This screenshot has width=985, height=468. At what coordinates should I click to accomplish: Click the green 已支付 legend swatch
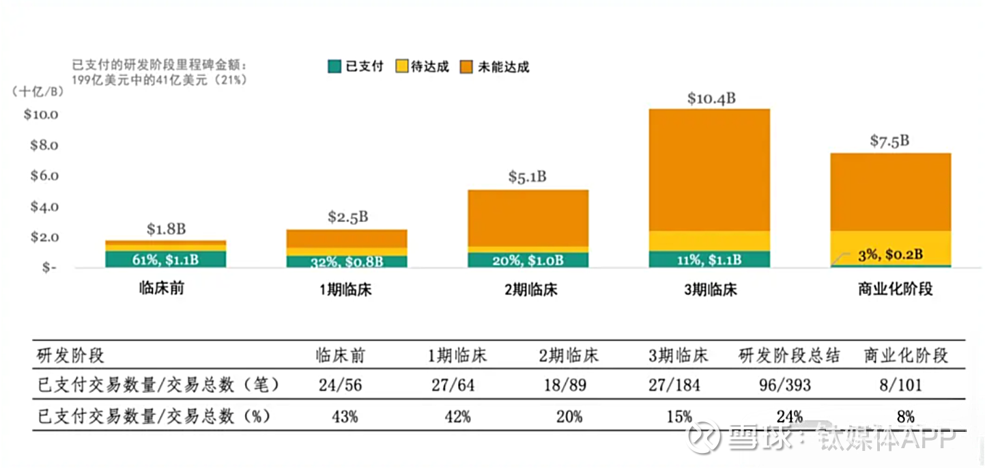[334, 66]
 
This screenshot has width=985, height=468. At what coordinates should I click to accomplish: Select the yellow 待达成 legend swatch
[401, 66]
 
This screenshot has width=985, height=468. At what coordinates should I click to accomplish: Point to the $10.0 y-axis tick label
[41, 114]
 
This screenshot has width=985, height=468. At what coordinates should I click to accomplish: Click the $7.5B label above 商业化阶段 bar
[889, 141]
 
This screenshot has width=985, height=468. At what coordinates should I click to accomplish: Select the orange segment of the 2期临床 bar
[528, 217]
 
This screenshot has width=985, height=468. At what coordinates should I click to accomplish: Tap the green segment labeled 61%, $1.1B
[165, 260]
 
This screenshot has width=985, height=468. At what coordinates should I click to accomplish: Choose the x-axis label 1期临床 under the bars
[346, 290]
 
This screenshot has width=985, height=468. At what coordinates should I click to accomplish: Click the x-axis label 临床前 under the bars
[161, 288]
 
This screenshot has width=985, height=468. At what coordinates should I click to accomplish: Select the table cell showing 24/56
[340, 385]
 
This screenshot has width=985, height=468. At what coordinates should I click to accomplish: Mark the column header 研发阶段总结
[789, 355]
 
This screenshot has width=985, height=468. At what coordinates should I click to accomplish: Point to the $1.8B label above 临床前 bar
[166, 229]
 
